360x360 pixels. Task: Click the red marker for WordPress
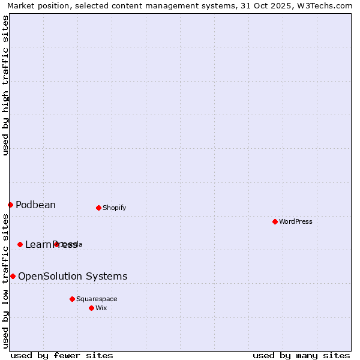275,221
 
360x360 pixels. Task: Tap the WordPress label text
296,221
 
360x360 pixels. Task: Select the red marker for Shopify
98,208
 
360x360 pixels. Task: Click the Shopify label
114,208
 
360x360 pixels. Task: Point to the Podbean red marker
10,205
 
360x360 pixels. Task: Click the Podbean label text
35,205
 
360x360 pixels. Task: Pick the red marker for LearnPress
20,244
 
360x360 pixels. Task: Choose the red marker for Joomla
56,244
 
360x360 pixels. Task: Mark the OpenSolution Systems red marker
13,276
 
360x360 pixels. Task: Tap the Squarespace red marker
72,299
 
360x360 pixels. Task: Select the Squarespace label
97,299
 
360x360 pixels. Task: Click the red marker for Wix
91,308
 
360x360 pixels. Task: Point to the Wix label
101,308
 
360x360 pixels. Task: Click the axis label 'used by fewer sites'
62,356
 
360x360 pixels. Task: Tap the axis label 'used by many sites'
301,356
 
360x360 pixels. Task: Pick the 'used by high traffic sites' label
5,85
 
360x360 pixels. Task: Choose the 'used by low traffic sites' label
5,280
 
